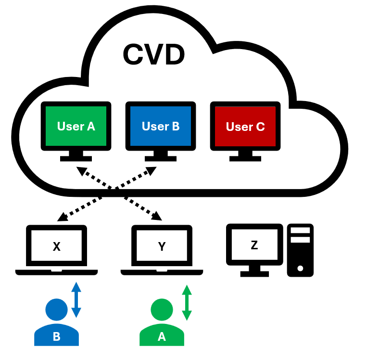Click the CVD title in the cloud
154,54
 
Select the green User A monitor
76,126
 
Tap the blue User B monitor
161,126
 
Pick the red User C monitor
245,127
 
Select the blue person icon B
56,323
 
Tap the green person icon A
162,323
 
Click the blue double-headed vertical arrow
76,300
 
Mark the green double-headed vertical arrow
187,303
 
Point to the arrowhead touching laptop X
62,218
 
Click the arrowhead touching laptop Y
157,217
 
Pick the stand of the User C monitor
245,155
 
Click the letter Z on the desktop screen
254,245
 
